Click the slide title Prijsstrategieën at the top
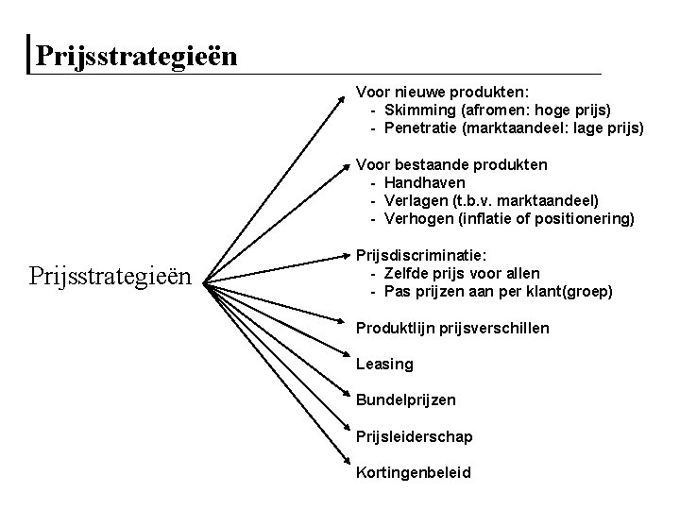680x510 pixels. (x=136, y=56)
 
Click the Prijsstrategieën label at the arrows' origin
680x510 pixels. (x=111, y=279)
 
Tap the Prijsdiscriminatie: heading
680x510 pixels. (x=420, y=255)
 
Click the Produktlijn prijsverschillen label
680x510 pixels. (x=452, y=328)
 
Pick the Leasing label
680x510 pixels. (x=384, y=365)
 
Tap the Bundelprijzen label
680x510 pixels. (x=405, y=400)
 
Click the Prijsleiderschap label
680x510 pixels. (x=414, y=437)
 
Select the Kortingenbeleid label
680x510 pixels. (x=413, y=473)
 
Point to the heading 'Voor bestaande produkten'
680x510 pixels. (x=450, y=164)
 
